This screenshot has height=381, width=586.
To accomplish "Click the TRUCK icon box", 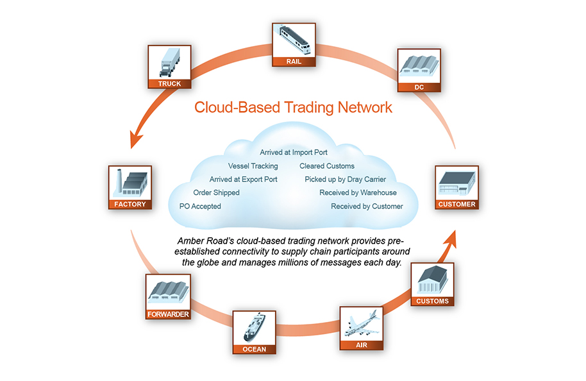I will pyautogui.click(x=169, y=66).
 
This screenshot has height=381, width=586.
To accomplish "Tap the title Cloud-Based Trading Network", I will pyautogui.click(x=293, y=107).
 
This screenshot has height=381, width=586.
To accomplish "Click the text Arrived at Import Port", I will pyautogui.click(x=294, y=153).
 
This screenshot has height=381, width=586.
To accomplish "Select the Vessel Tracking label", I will pyautogui.click(x=253, y=166).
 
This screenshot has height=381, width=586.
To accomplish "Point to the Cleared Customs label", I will pyautogui.click(x=326, y=166).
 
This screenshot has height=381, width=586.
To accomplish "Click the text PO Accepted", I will pyautogui.click(x=200, y=206).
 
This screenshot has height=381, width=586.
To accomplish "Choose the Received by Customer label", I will pyautogui.click(x=367, y=206).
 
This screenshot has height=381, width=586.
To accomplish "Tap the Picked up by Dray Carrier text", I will pyautogui.click(x=345, y=180).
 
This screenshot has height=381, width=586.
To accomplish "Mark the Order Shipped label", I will pyautogui.click(x=216, y=192).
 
